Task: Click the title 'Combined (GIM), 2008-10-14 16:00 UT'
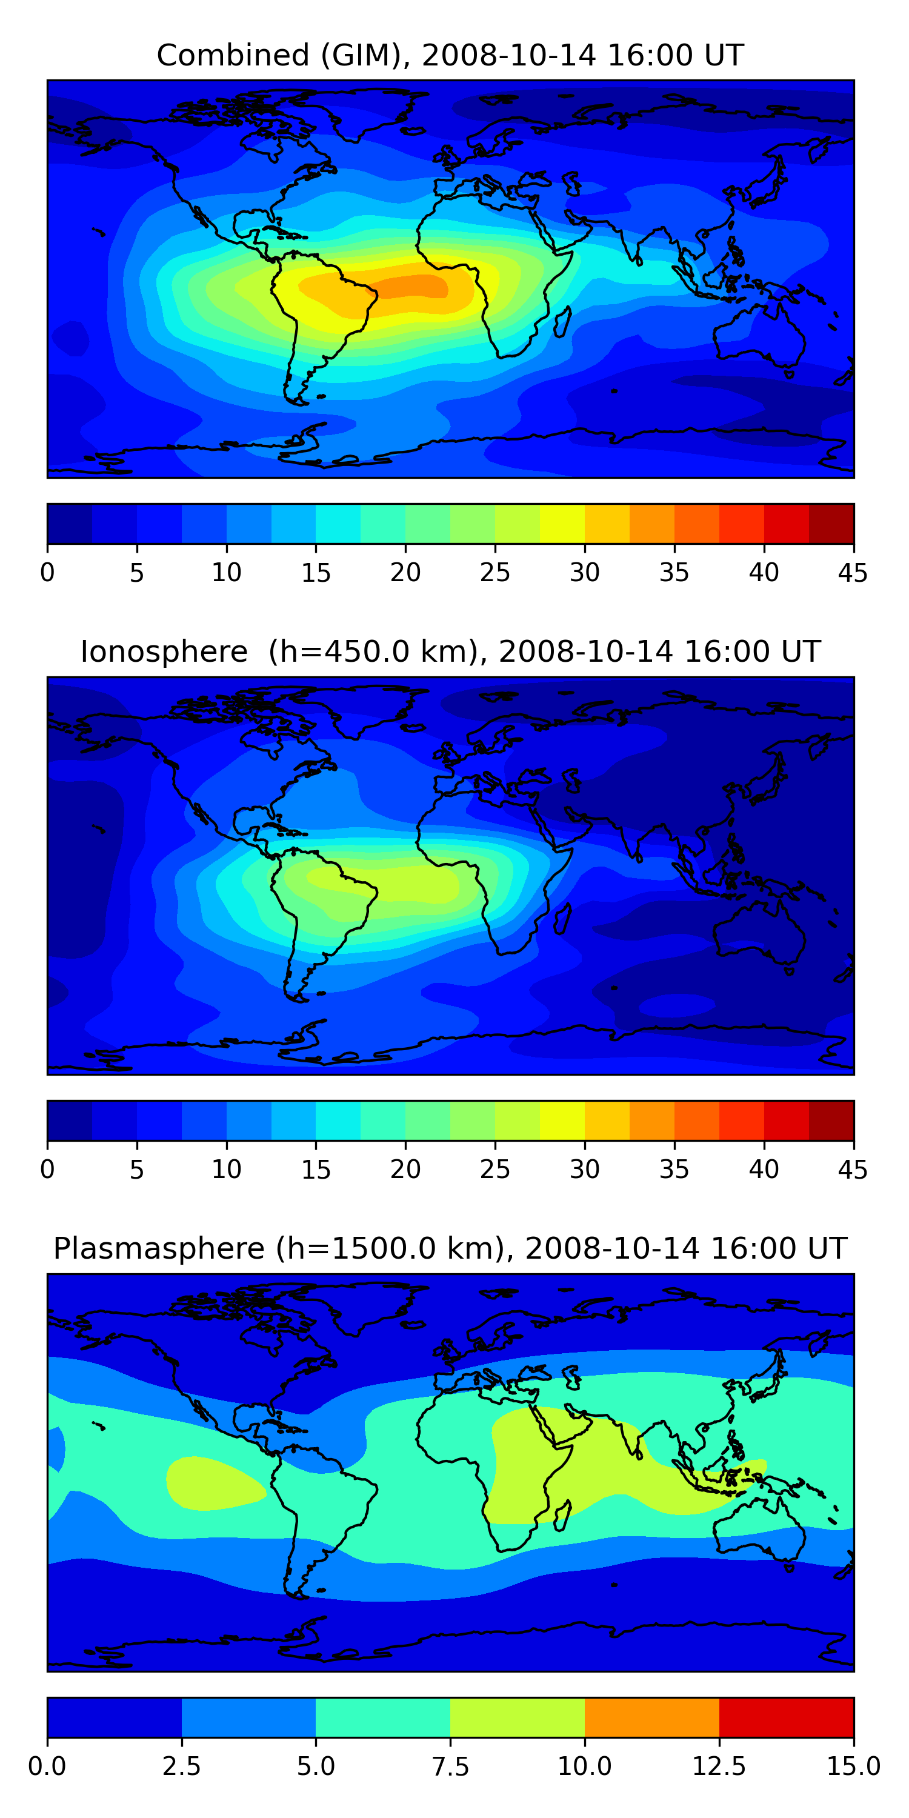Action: (x=450, y=55)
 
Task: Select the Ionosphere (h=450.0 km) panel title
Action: (x=450, y=651)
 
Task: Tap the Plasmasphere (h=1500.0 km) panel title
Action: (x=450, y=1248)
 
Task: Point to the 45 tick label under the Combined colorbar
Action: (x=853, y=572)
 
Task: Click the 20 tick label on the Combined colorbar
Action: (x=405, y=572)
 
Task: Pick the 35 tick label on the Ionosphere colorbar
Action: (x=674, y=1170)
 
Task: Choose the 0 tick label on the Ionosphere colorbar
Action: (x=47, y=1170)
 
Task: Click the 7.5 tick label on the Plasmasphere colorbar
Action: (x=450, y=1766)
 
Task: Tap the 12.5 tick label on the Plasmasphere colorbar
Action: (x=719, y=1766)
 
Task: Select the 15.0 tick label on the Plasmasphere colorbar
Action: (x=853, y=1766)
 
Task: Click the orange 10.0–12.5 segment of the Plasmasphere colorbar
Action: (x=651, y=1717)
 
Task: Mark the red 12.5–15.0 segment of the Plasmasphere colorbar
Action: (x=786, y=1717)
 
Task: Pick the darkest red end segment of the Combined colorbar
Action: (x=831, y=524)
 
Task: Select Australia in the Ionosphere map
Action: (x=759, y=931)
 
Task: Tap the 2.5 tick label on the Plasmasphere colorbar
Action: (x=181, y=1766)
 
